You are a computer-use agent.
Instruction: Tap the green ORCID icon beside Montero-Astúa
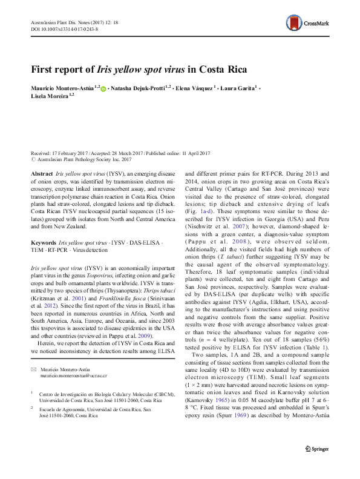pos(103,89)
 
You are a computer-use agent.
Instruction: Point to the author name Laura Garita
pos(238,88)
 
